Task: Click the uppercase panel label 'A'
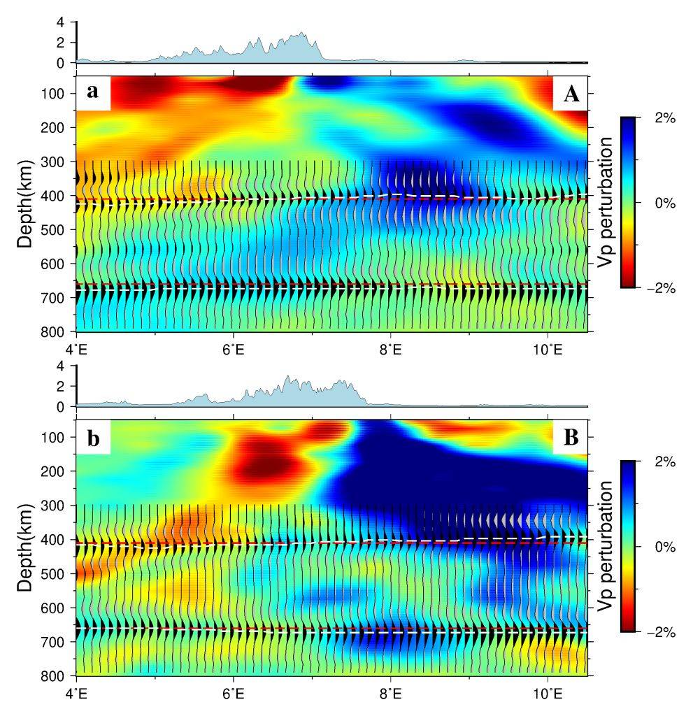tap(571, 94)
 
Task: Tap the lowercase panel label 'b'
tap(92, 438)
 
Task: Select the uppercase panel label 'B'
tap(571, 438)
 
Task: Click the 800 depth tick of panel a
tap(55, 331)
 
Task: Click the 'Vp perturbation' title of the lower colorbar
tap(606, 547)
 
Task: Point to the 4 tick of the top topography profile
tap(60, 22)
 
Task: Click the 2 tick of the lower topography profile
tap(60, 386)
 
